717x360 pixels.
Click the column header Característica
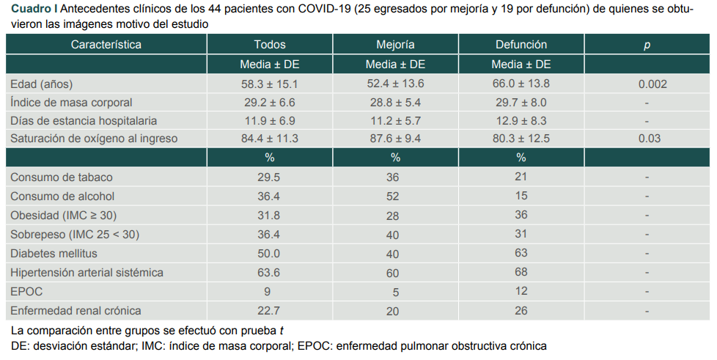[106, 45]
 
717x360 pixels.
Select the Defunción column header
[521, 45]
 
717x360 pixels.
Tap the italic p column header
[647, 45]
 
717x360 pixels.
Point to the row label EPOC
[26, 291]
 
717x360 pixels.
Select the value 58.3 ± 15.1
[270, 84]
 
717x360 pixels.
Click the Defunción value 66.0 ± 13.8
[521, 84]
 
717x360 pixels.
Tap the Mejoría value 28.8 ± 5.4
[395, 103]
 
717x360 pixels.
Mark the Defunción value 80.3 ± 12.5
[521, 139]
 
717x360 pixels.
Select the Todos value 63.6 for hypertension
[270, 273]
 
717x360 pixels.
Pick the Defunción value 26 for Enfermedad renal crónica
[521, 311]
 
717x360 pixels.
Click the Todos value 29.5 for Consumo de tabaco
[270, 177]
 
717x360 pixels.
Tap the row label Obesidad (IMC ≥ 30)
[63, 216]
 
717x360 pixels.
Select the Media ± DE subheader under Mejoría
[395, 65]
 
